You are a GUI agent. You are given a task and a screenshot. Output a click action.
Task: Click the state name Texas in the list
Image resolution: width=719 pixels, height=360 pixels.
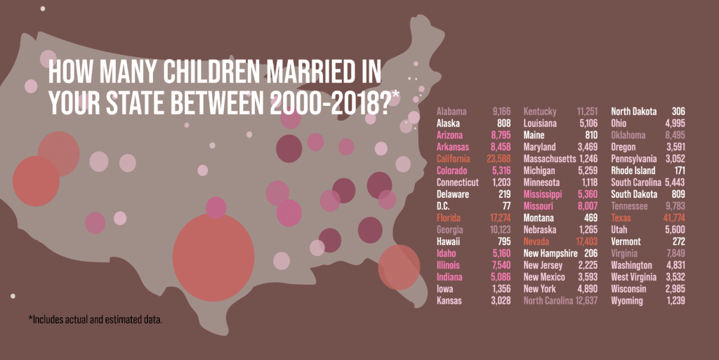(x=621, y=218)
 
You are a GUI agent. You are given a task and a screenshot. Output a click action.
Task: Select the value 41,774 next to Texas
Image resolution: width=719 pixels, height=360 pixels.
(x=673, y=218)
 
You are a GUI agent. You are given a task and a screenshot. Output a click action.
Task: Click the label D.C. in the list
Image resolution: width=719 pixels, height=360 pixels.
(x=444, y=206)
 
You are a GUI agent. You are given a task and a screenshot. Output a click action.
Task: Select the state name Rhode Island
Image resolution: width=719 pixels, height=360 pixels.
(x=633, y=171)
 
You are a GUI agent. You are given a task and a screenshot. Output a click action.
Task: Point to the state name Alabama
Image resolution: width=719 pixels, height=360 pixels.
(x=454, y=112)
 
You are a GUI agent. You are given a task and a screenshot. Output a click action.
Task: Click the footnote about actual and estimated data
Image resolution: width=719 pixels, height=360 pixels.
(x=95, y=320)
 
